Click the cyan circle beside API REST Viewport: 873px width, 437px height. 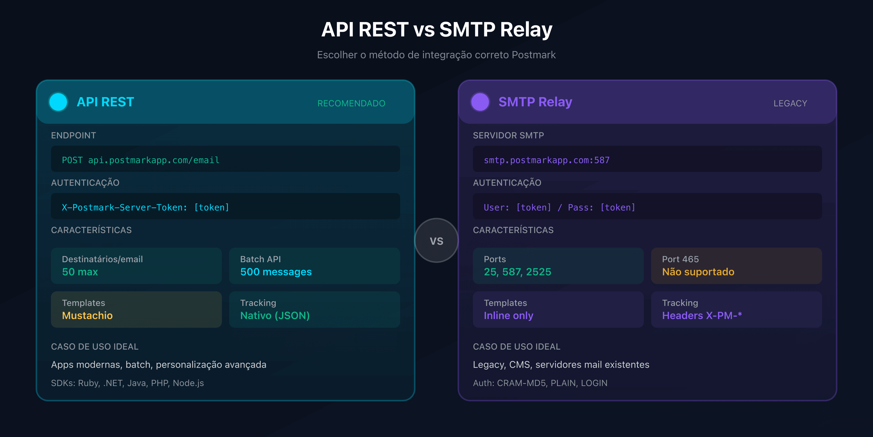tap(58, 102)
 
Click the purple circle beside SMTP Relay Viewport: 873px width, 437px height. tap(480, 102)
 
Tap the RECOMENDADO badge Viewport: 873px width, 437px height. tap(351, 103)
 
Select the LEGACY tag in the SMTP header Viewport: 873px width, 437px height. tap(790, 103)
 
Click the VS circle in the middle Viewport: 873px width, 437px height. tap(436, 241)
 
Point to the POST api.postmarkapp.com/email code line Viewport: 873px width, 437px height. tap(141, 160)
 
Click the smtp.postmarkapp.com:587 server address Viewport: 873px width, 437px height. tap(546, 160)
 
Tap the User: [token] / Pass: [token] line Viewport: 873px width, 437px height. tap(559, 207)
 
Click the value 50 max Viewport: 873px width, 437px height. tap(80, 272)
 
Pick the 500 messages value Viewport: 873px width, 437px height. tap(276, 272)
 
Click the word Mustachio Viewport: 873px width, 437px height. tap(88, 316)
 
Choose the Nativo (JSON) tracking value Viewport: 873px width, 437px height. tap(275, 316)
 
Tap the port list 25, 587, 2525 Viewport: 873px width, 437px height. tap(517, 272)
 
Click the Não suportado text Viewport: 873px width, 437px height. tap(698, 272)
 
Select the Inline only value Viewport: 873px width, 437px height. tap(508, 316)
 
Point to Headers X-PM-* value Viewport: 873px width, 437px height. tap(702, 316)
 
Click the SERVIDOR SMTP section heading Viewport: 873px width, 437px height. tap(508, 135)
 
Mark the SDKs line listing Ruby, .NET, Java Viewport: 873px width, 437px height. tap(127, 383)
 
